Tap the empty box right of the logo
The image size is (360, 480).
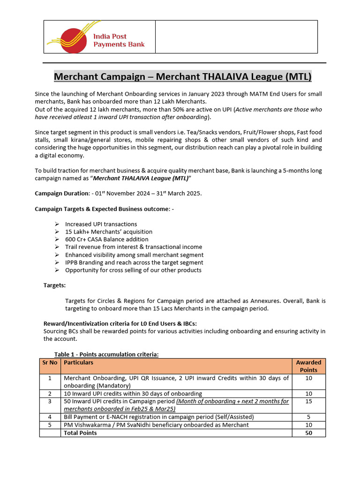(236, 37)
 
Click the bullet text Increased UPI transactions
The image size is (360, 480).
(101, 224)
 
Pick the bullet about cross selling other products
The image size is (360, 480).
(133, 270)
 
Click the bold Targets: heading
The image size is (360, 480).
(54, 285)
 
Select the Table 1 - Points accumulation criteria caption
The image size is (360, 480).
(106, 354)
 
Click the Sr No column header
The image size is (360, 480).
(50, 362)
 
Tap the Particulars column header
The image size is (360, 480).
(78, 362)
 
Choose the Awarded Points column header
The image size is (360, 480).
(308, 366)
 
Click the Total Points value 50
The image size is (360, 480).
(308, 433)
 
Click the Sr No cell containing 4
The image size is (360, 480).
(50, 417)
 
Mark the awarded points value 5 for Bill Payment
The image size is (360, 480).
(308, 417)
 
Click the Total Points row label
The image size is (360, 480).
(80, 433)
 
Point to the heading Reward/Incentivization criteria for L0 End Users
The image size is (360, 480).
(120, 324)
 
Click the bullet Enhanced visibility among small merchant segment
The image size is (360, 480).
(134, 255)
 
